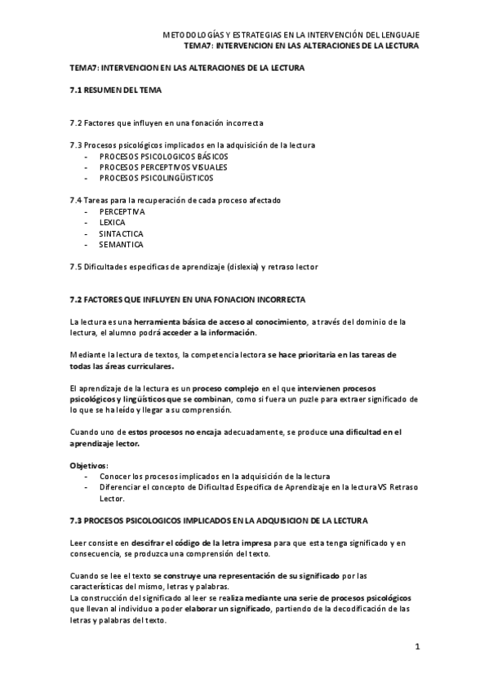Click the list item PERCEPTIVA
pos(122,211)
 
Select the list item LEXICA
pos(112,222)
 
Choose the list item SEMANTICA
pos(121,244)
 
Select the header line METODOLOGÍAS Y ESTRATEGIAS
pos(291,35)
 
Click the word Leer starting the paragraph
pos(79,543)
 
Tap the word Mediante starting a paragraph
pos(89,355)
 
